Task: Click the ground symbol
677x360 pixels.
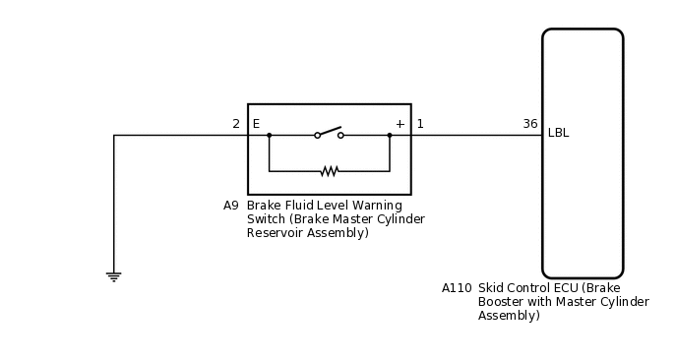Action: [x=114, y=276]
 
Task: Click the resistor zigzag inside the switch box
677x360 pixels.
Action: [x=330, y=171]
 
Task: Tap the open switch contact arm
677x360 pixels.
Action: [x=329, y=131]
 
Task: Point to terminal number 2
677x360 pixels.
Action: [x=236, y=124]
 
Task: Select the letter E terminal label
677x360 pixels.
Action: [x=256, y=124]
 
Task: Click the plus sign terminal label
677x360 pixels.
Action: [x=400, y=124]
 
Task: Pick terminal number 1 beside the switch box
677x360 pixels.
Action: [x=420, y=124]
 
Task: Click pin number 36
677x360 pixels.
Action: [x=530, y=124]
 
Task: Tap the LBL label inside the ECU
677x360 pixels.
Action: [x=558, y=133]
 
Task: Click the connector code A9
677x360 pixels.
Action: [x=231, y=206]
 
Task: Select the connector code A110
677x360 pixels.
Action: [x=457, y=288]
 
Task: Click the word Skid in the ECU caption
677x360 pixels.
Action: [x=492, y=288]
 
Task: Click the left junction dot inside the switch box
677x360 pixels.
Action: [x=270, y=135]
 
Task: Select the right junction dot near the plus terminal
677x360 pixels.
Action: [x=390, y=135]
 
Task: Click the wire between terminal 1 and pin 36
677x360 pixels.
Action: [x=476, y=135]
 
